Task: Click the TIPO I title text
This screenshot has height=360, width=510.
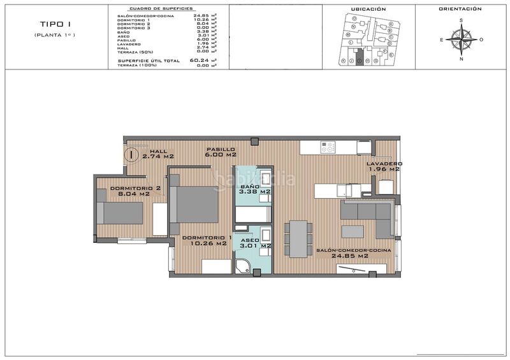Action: point(55,24)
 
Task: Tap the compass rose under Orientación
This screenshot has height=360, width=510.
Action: point(461,40)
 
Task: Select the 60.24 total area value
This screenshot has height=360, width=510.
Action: point(200,61)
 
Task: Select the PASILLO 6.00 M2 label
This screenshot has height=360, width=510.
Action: point(221,152)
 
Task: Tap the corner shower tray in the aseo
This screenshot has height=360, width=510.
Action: point(242,266)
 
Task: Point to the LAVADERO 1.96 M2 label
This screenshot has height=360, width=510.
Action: point(384,167)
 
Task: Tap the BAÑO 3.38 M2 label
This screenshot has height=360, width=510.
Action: point(254,189)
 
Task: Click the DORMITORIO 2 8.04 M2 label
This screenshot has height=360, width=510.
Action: point(135,191)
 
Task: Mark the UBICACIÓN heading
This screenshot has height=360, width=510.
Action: point(368,10)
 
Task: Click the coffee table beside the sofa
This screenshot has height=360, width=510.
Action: point(353,230)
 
